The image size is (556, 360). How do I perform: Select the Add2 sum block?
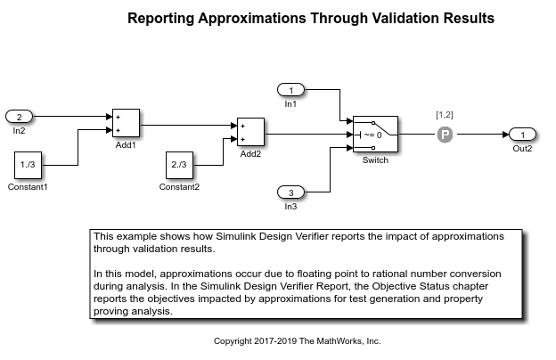tap(249, 133)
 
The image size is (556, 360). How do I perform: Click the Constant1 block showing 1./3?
tap(29, 165)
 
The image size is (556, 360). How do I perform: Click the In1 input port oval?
tap(290, 89)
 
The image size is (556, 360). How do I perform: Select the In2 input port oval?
tap(20, 116)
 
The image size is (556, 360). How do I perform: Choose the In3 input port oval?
tap(290, 192)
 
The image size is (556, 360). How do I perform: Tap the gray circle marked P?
tap(446, 134)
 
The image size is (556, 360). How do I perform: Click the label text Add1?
tap(125, 144)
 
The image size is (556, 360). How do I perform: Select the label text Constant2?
tap(179, 187)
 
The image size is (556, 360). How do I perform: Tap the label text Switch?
tap(375, 160)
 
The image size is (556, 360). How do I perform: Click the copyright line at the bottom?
tap(297, 340)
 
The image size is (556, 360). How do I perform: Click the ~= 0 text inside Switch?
tap(372, 135)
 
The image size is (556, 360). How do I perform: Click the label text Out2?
tap(522, 148)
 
